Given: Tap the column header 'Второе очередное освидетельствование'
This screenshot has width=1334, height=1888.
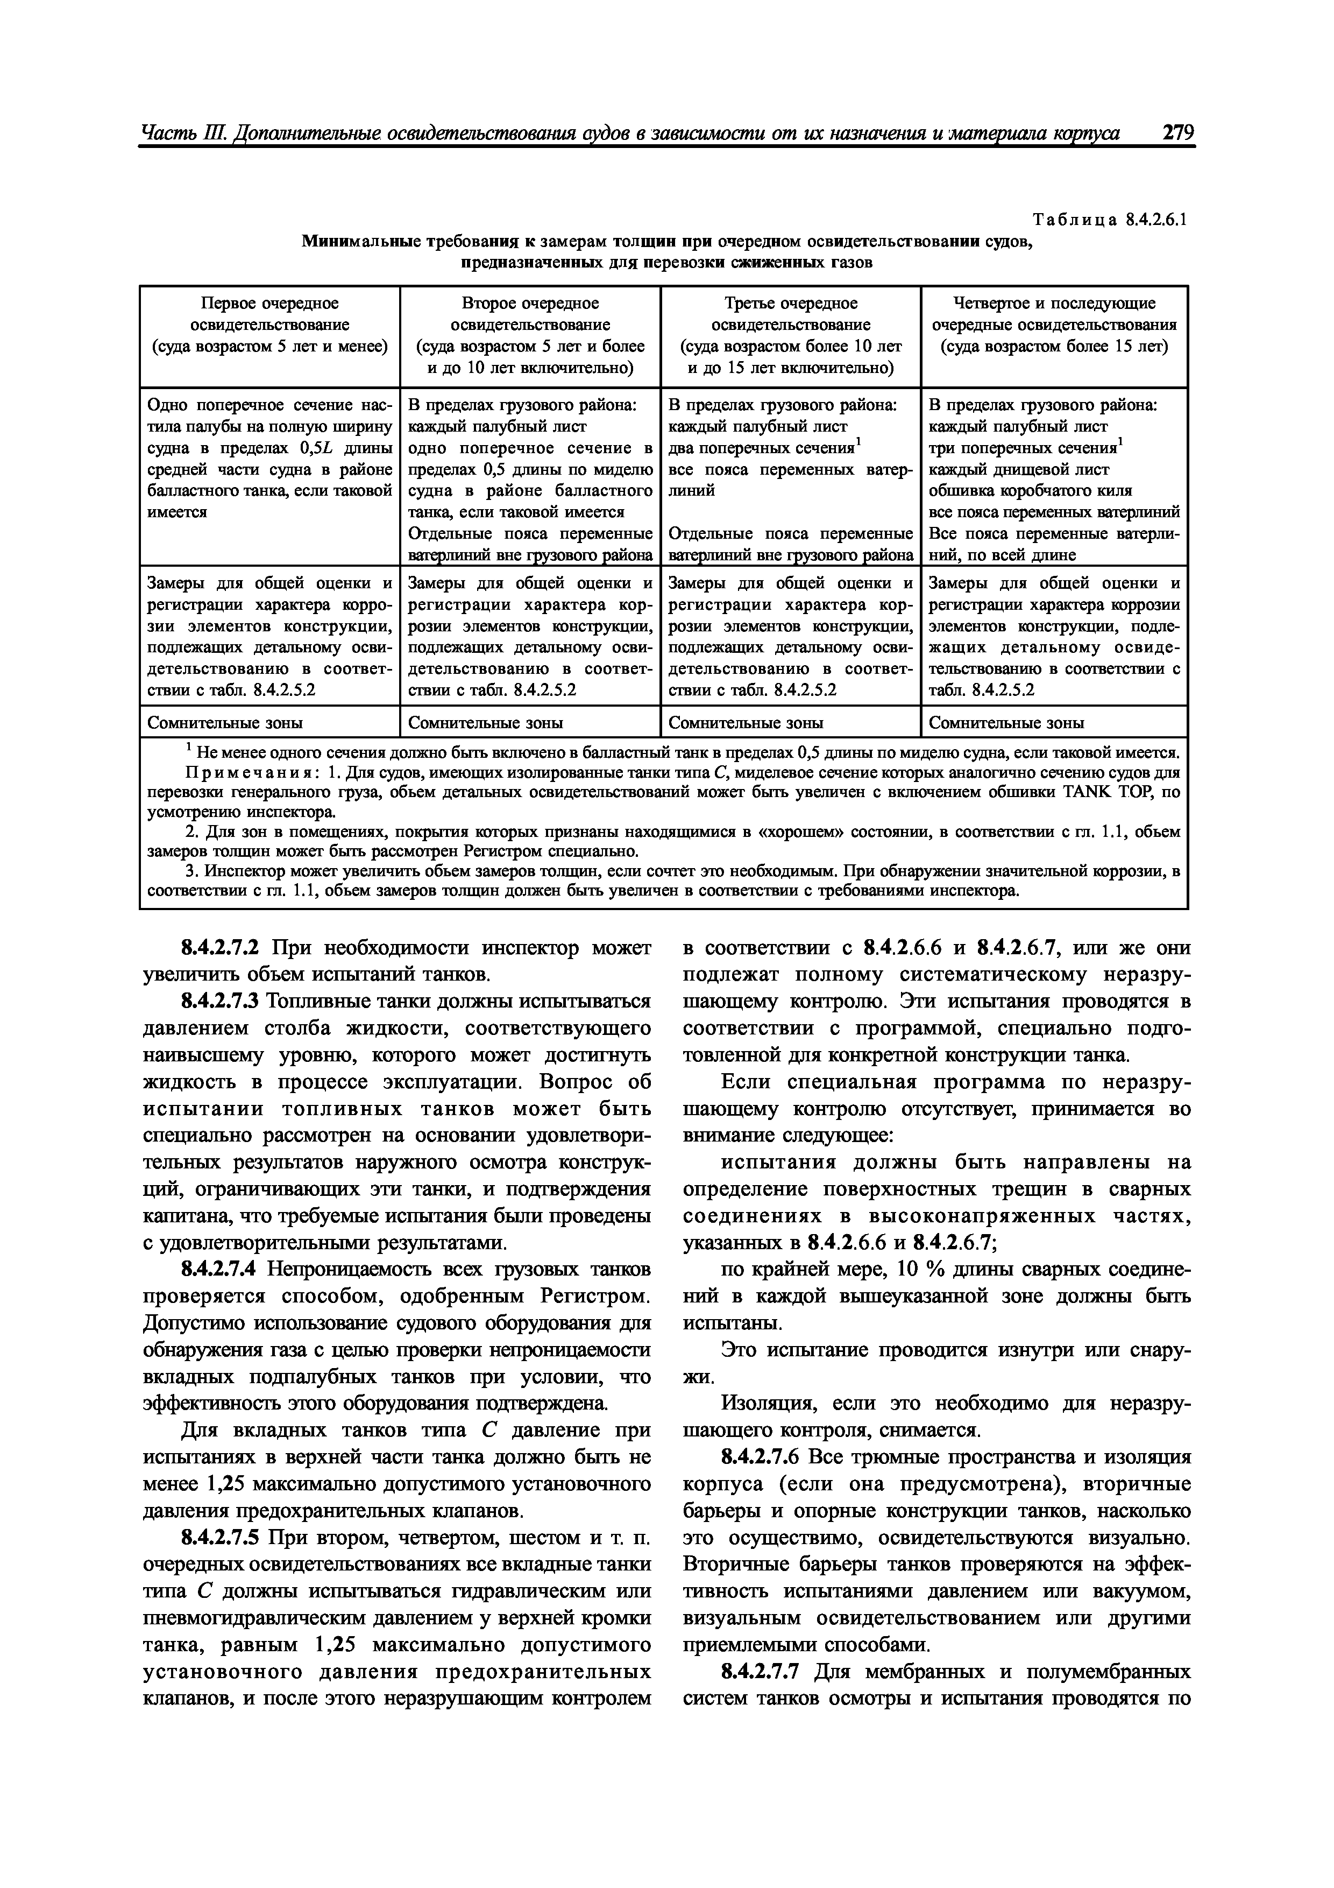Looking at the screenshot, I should pyautogui.click(x=530, y=314).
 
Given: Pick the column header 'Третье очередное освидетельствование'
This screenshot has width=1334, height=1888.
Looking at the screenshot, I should pyautogui.click(x=791, y=314).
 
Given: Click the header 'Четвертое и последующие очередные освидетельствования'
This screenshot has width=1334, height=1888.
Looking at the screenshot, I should pyautogui.click(x=1054, y=314).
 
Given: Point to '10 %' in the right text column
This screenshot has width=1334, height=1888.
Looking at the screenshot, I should pyautogui.click(x=920, y=1270).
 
